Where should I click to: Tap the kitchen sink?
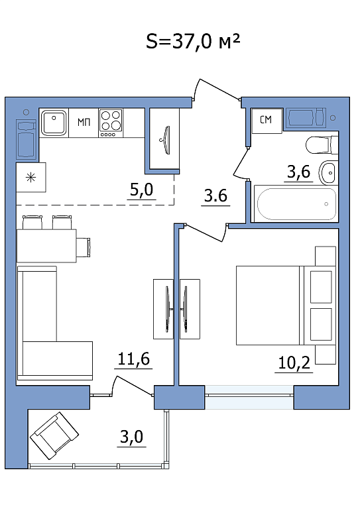tap(54, 123)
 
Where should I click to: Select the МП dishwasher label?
tap(84, 123)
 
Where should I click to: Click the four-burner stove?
tap(111, 123)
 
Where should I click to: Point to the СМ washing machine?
tap(267, 120)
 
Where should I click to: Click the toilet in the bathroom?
tap(322, 145)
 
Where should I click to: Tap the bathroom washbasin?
tap(329, 172)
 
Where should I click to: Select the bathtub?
tap(296, 204)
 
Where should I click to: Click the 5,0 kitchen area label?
tap(141, 190)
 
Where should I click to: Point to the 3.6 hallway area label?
tap(215, 196)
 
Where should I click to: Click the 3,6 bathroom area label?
tap(298, 172)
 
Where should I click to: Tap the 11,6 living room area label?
tap(133, 359)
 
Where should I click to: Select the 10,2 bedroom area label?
tap(294, 363)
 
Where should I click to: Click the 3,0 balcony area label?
tap(131, 437)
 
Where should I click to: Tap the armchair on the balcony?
tap(54, 435)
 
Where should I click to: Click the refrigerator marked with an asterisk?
tap(31, 177)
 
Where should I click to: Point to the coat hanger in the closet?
tap(167, 141)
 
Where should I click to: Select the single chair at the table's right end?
tap(84, 246)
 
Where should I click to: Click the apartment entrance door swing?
tap(215, 89)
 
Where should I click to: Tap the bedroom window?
tap(249, 397)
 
